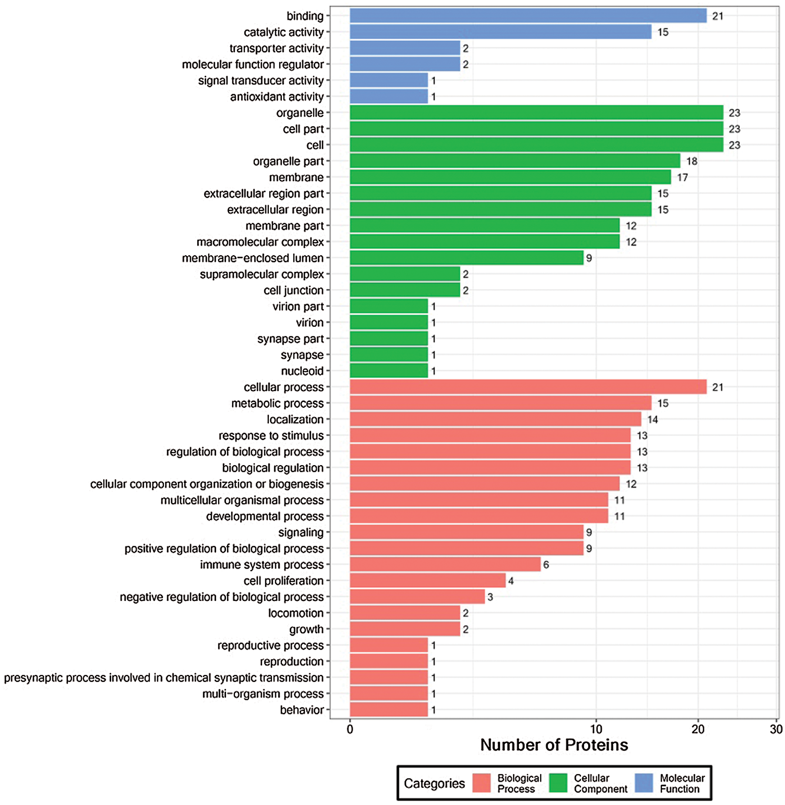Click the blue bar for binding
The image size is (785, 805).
point(528,16)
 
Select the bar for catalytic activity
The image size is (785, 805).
point(500,32)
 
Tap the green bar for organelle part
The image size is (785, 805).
point(515,161)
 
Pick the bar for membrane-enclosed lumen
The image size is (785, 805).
point(467,258)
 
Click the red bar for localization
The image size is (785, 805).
point(495,419)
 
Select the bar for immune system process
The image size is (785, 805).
point(445,565)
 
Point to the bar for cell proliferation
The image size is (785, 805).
point(427,581)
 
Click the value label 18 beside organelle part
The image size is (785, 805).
point(692,161)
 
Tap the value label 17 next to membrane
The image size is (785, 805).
point(682,177)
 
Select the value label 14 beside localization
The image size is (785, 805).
point(653,420)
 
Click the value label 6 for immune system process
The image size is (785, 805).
point(546,565)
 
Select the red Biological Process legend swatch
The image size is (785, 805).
point(481,783)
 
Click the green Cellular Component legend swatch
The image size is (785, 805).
point(558,783)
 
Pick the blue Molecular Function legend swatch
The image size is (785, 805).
point(644,783)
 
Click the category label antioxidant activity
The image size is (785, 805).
point(277,97)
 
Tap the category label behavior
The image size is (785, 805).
point(302,710)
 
